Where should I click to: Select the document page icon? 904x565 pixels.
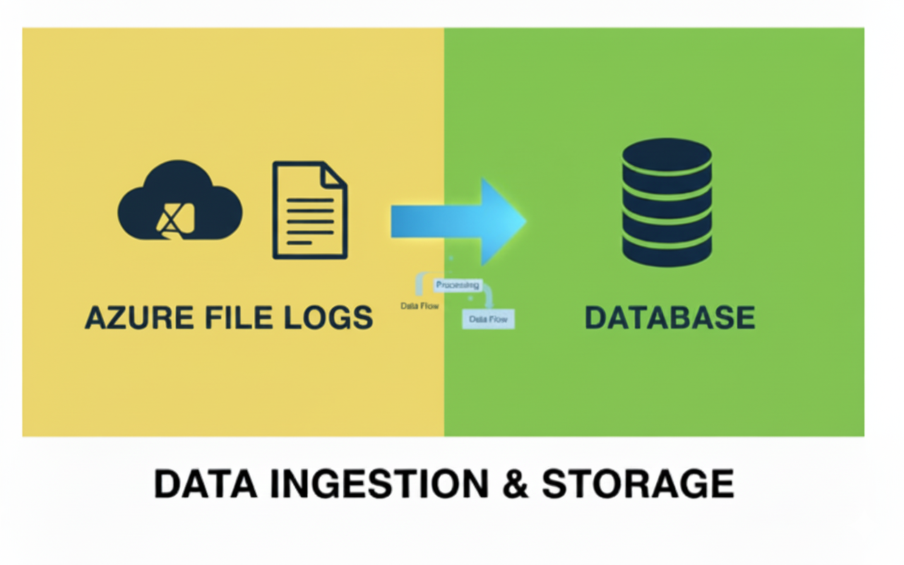point(309,210)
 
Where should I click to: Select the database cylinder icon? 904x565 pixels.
point(667,202)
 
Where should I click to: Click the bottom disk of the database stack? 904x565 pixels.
point(667,250)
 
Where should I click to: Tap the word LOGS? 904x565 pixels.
point(325,318)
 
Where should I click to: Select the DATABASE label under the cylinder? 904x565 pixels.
point(670,318)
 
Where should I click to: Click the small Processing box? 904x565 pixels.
point(457,285)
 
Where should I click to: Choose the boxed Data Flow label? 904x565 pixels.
point(488,319)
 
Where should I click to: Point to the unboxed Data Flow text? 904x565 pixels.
point(420,307)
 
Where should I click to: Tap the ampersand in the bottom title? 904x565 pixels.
point(516,484)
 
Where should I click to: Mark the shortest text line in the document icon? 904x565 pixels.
point(300,242)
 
